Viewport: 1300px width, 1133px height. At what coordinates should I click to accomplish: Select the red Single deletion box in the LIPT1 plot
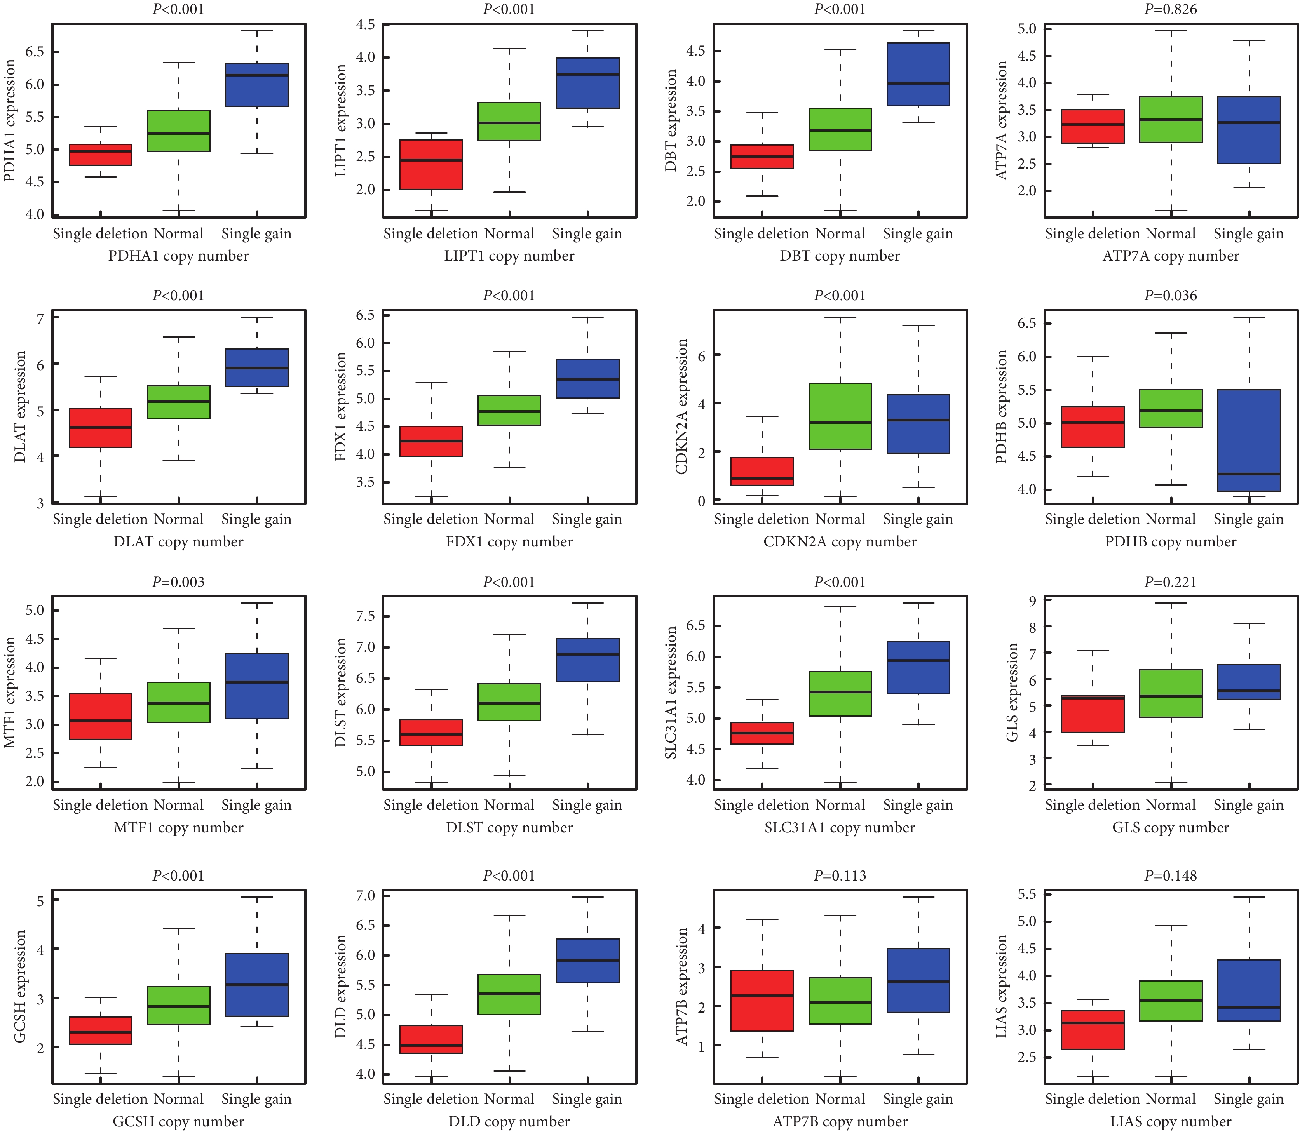431,164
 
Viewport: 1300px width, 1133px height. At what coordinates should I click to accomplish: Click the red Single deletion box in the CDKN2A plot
762,471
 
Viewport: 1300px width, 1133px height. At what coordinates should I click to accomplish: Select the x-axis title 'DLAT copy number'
178,542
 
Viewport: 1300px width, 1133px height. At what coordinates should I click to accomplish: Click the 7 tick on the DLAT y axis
40,318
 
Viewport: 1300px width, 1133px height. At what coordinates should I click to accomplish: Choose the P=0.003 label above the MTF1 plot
178,582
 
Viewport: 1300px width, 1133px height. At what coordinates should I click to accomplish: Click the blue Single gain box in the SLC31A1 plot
918,668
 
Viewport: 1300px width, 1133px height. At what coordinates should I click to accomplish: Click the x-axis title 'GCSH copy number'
178,1122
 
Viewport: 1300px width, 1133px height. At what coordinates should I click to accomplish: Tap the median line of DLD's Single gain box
587,961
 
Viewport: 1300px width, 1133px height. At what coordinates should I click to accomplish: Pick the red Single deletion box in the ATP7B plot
762,1001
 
